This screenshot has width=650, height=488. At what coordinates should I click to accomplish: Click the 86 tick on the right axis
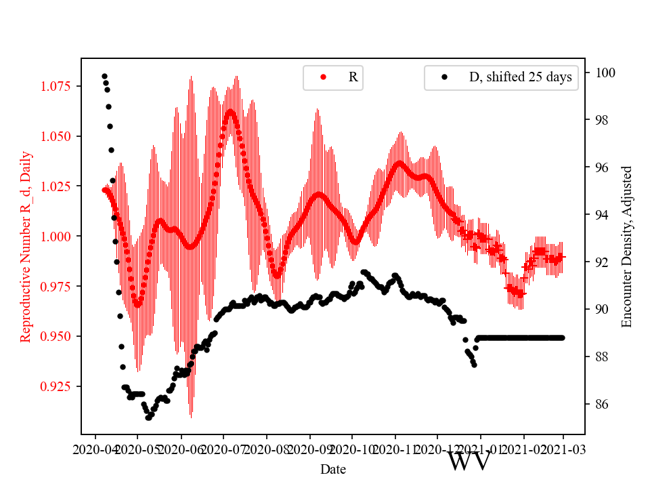[600, 404]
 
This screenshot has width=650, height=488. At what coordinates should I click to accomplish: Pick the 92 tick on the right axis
[600, 262]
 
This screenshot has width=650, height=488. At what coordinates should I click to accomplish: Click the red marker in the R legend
[323, 77]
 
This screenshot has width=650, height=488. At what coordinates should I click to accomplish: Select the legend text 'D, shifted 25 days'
[520, 77]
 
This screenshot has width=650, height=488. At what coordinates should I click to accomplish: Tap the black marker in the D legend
[445, 77]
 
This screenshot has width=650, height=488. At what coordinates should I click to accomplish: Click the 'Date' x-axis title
[333, 469]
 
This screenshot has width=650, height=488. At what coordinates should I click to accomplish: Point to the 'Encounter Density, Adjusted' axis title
[627, 246]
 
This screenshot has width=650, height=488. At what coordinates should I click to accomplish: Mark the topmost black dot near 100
[104, 76]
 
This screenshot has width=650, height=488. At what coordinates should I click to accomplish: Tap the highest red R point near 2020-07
[230, 110]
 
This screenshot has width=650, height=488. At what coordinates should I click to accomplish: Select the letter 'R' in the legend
[353, 77]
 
